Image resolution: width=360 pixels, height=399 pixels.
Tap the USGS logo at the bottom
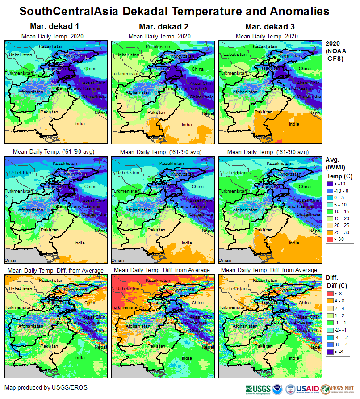tap(258, 389)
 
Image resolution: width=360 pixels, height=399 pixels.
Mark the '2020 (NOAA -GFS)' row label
tap(335, 51)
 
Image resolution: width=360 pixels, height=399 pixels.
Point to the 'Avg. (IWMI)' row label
tap(335, 164)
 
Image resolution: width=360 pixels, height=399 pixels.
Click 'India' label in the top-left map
tap(80, 124)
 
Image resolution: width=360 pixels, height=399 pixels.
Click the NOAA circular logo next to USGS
tap(277, 389)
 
